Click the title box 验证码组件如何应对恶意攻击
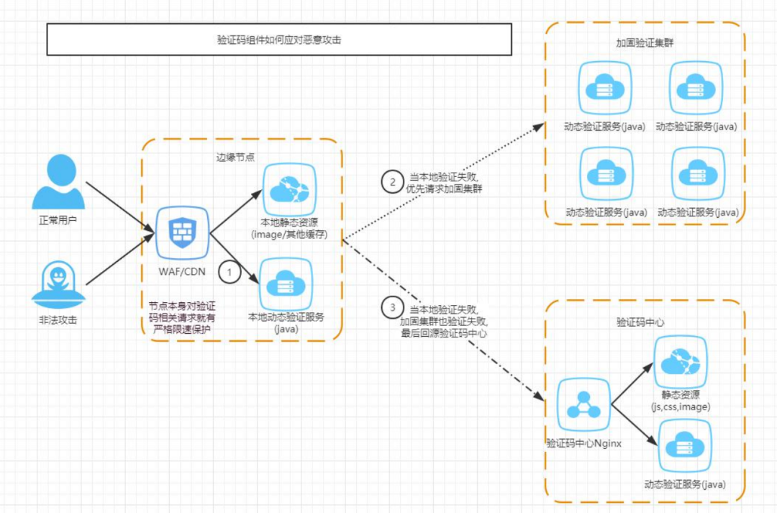pyautogui.click(x=279, y=40)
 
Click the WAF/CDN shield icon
pyautogui.click(x=183, y=232)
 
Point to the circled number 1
pyautogui.click(x=229, y=273)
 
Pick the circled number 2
pyautogui.click(x=392, y=183)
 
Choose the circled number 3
pyautogui.click(x=392, y=309)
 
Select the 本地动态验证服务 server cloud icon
pyautogui.click(x=287, y=284)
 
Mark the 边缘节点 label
pyautogui.click(x=235, y=157)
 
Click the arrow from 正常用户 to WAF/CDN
pyautogui.click(x=119, y=206)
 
